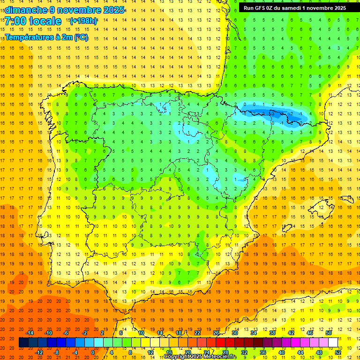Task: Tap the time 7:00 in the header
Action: point(15,21)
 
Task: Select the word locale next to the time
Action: point(45,21)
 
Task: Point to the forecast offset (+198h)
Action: point(83,21)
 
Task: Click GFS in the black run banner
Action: point(260,7)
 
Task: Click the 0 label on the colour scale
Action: point(92,352)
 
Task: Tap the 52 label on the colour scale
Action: point(338,352)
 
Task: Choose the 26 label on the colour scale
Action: point(216,333)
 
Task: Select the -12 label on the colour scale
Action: point(39,352)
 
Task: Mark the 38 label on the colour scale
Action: point(272,333)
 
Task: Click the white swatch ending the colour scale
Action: point(333,343)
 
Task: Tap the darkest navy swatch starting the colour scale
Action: point(23,343)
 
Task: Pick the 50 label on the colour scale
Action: point(328,333)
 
